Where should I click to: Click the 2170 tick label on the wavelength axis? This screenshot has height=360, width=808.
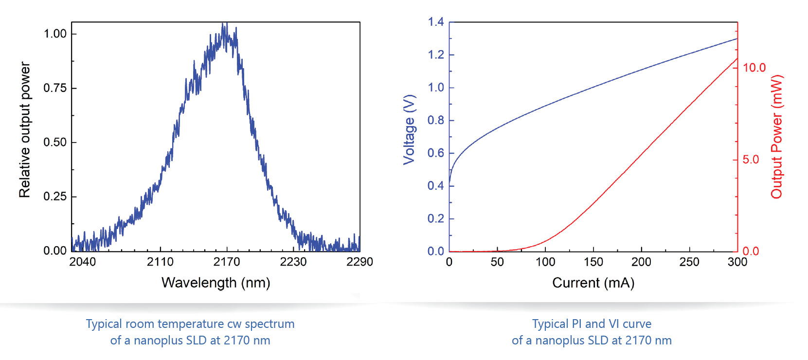[227, 262]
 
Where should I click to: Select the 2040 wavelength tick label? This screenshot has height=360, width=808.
[83, 262]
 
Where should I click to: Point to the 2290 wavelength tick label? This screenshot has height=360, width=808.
[359, 262]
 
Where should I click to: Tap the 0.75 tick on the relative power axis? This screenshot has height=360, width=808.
[55, 88]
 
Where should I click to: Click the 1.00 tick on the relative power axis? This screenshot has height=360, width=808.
[55, 34]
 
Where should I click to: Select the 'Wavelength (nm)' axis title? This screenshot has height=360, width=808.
[215, 283]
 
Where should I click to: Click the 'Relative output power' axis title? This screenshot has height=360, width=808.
[25, 130]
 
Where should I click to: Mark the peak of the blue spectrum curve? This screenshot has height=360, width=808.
[224, 24]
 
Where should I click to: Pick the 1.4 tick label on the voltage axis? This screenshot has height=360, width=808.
[436, 22]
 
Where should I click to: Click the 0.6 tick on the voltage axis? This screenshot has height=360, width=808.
[436, 153]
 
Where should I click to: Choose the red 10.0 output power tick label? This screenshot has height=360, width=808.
[754, 68]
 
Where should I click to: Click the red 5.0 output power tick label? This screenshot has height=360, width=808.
[751, 160]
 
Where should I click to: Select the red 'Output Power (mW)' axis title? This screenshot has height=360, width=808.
[777, 137]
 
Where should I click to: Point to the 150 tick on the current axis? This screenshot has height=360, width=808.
[593, 262]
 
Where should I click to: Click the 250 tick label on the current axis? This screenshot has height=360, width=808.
[689, 262]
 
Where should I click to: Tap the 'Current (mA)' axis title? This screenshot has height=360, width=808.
[593, 283]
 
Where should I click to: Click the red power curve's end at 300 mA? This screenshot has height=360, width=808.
[737, 59]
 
